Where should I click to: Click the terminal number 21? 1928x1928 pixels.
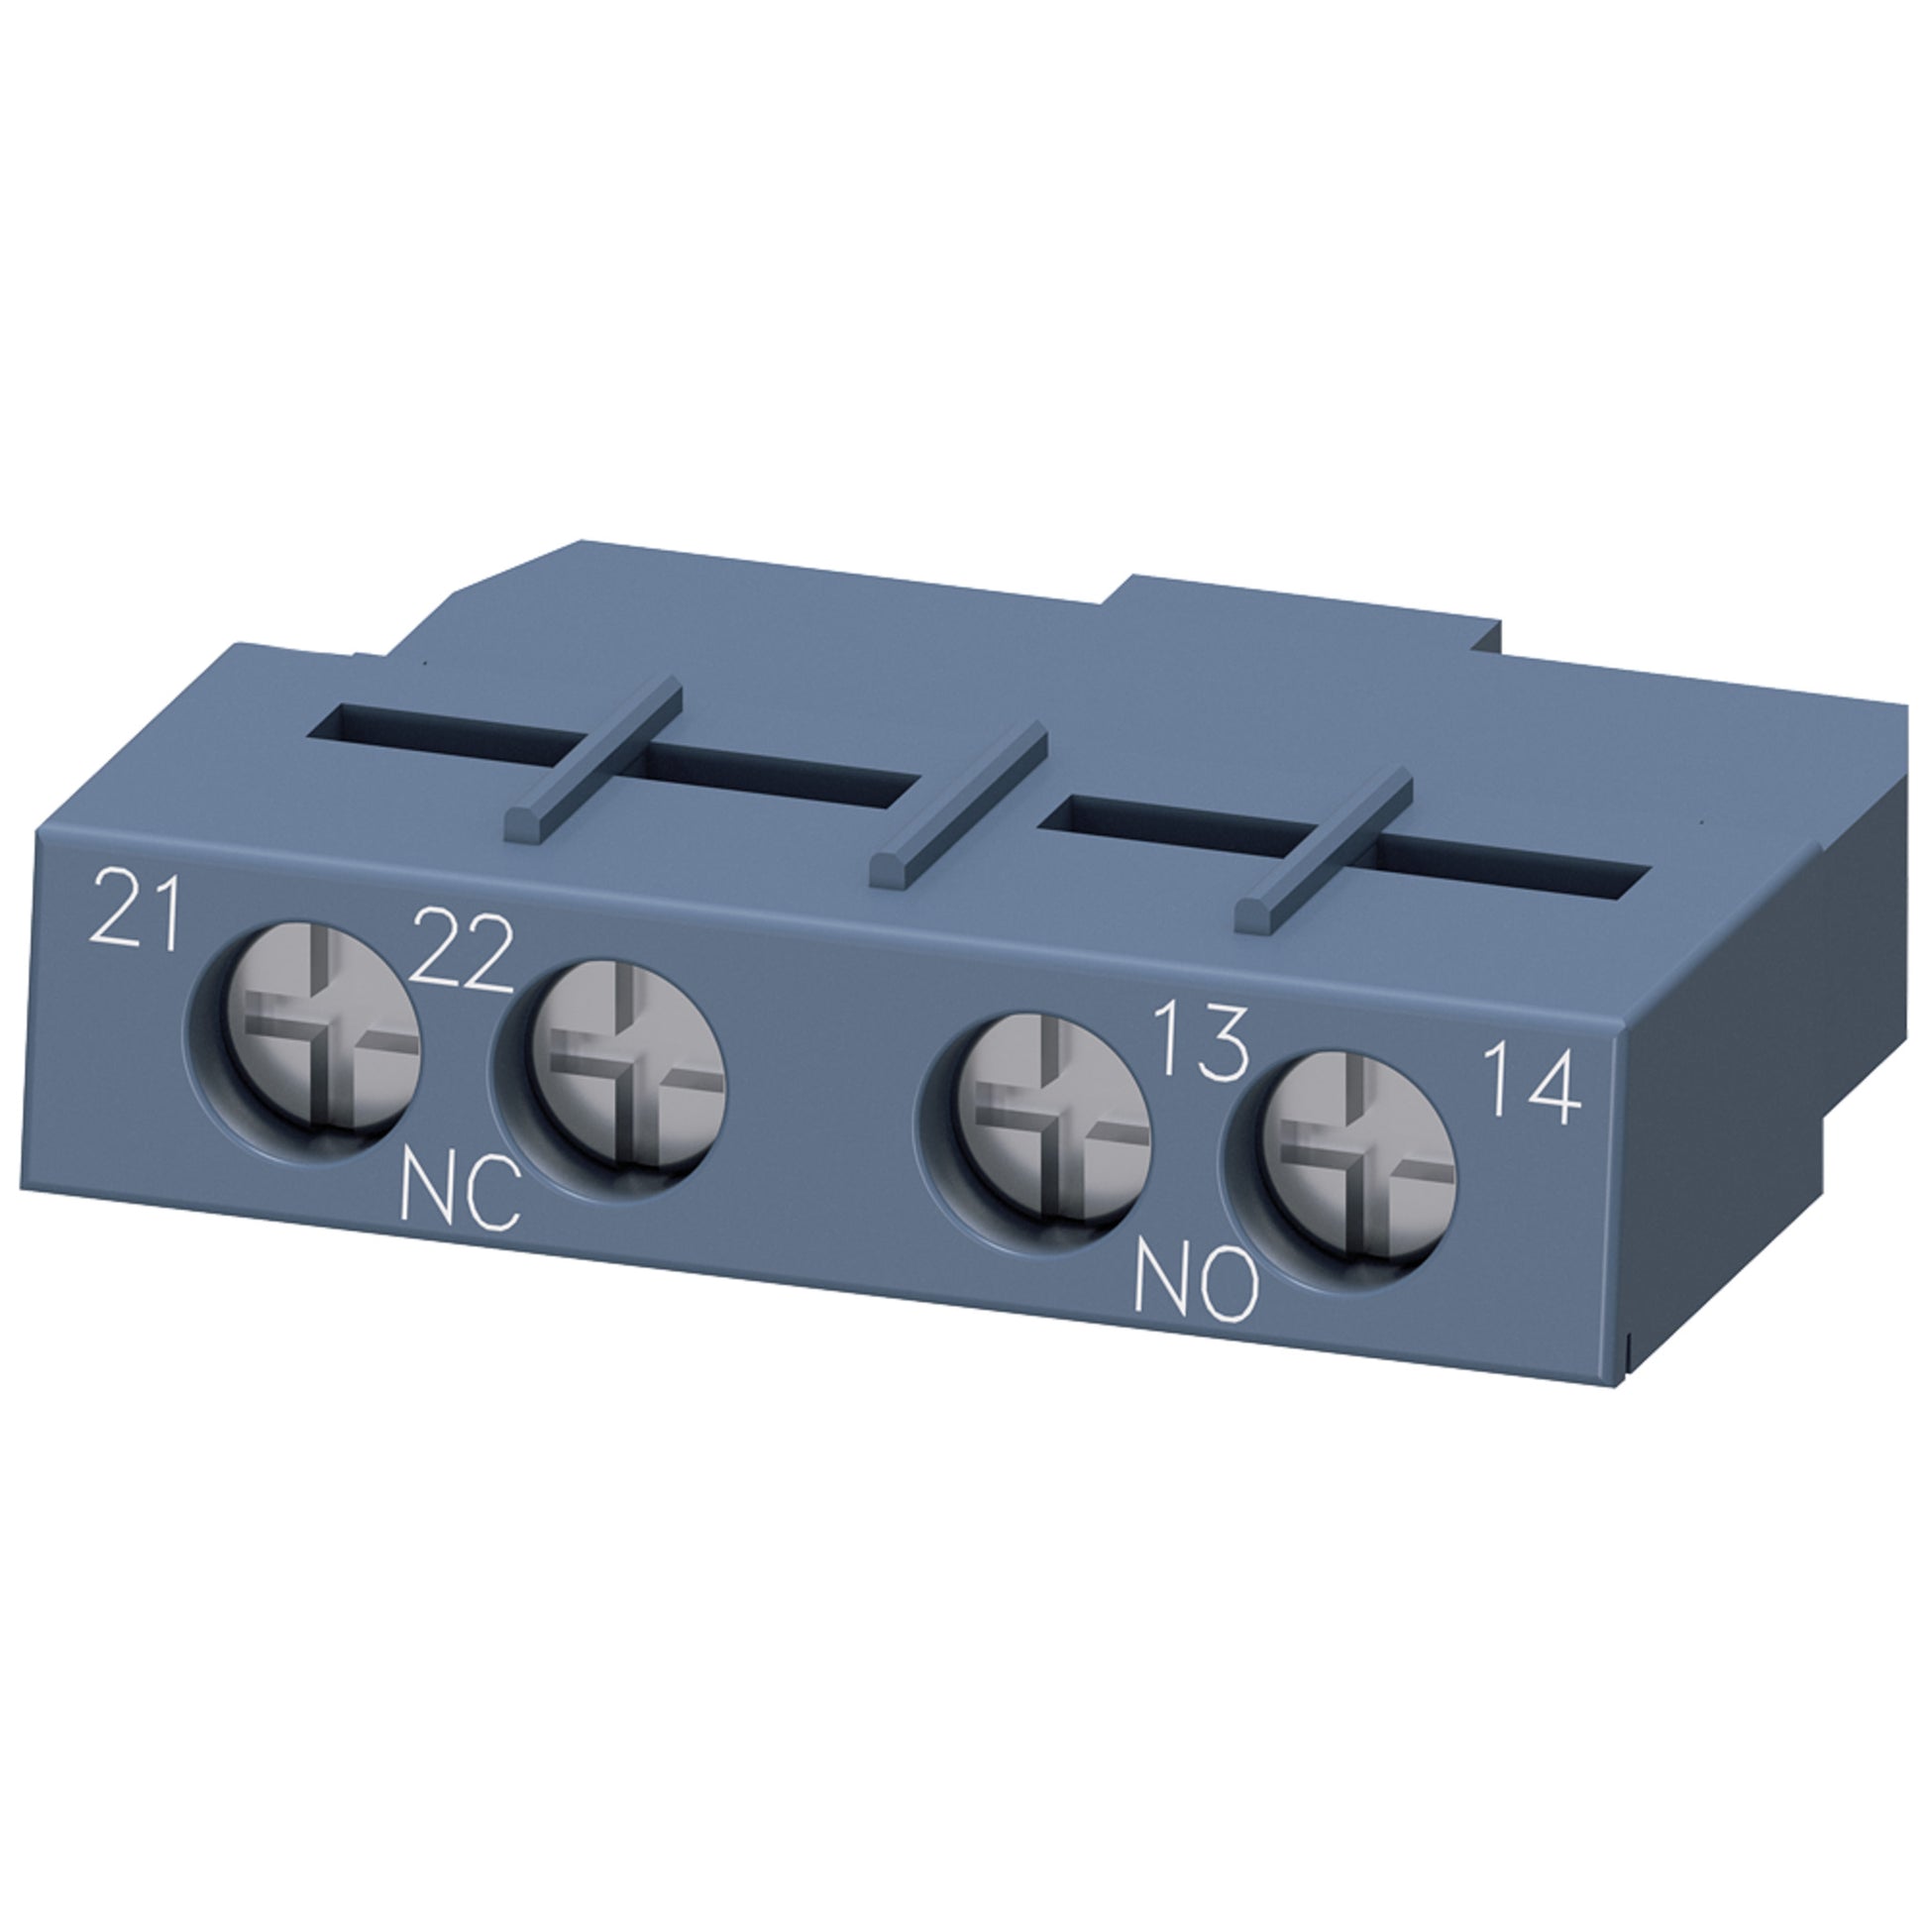pos(135,911)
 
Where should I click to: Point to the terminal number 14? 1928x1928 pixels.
pos(1533,1083)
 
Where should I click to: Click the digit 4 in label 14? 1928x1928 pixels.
pos(1555,1085)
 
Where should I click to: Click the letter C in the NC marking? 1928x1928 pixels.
pos(494,1199)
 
